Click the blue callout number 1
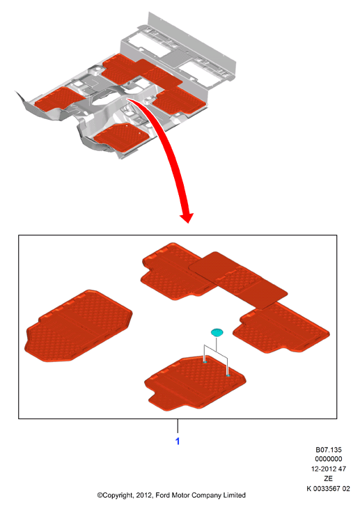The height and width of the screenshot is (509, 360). [x=178, y=441]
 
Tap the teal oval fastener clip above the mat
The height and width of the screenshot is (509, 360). [x=217, y=332]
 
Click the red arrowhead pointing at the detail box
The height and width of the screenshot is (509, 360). [x=187, y=217]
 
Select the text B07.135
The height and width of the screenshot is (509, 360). [x=329, y=450]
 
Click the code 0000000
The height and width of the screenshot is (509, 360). [x=329, y=459]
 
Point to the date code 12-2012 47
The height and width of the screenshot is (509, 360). [x=329, y=469]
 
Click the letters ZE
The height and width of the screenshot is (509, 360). [x=328, y=478]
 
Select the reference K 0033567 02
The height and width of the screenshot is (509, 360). [x=328, y=488]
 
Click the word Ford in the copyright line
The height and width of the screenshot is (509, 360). [x=163, y=495]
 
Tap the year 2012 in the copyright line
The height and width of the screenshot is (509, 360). [x=144, y=495]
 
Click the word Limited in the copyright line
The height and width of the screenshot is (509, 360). [x=234, y=495]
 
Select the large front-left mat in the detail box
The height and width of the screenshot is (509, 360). [x=79, y=327]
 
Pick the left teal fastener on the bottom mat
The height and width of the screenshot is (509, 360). [x=205, y=361]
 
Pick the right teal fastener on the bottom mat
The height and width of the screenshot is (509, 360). [x=228, y=375]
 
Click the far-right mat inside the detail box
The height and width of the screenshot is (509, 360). [x=281, y=329]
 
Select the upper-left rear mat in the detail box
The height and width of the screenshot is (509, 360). [x=175, y=271]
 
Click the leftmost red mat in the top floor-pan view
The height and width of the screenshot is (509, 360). [x=60, y=99]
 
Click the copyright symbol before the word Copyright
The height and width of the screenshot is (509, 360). [x=100, y=495]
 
